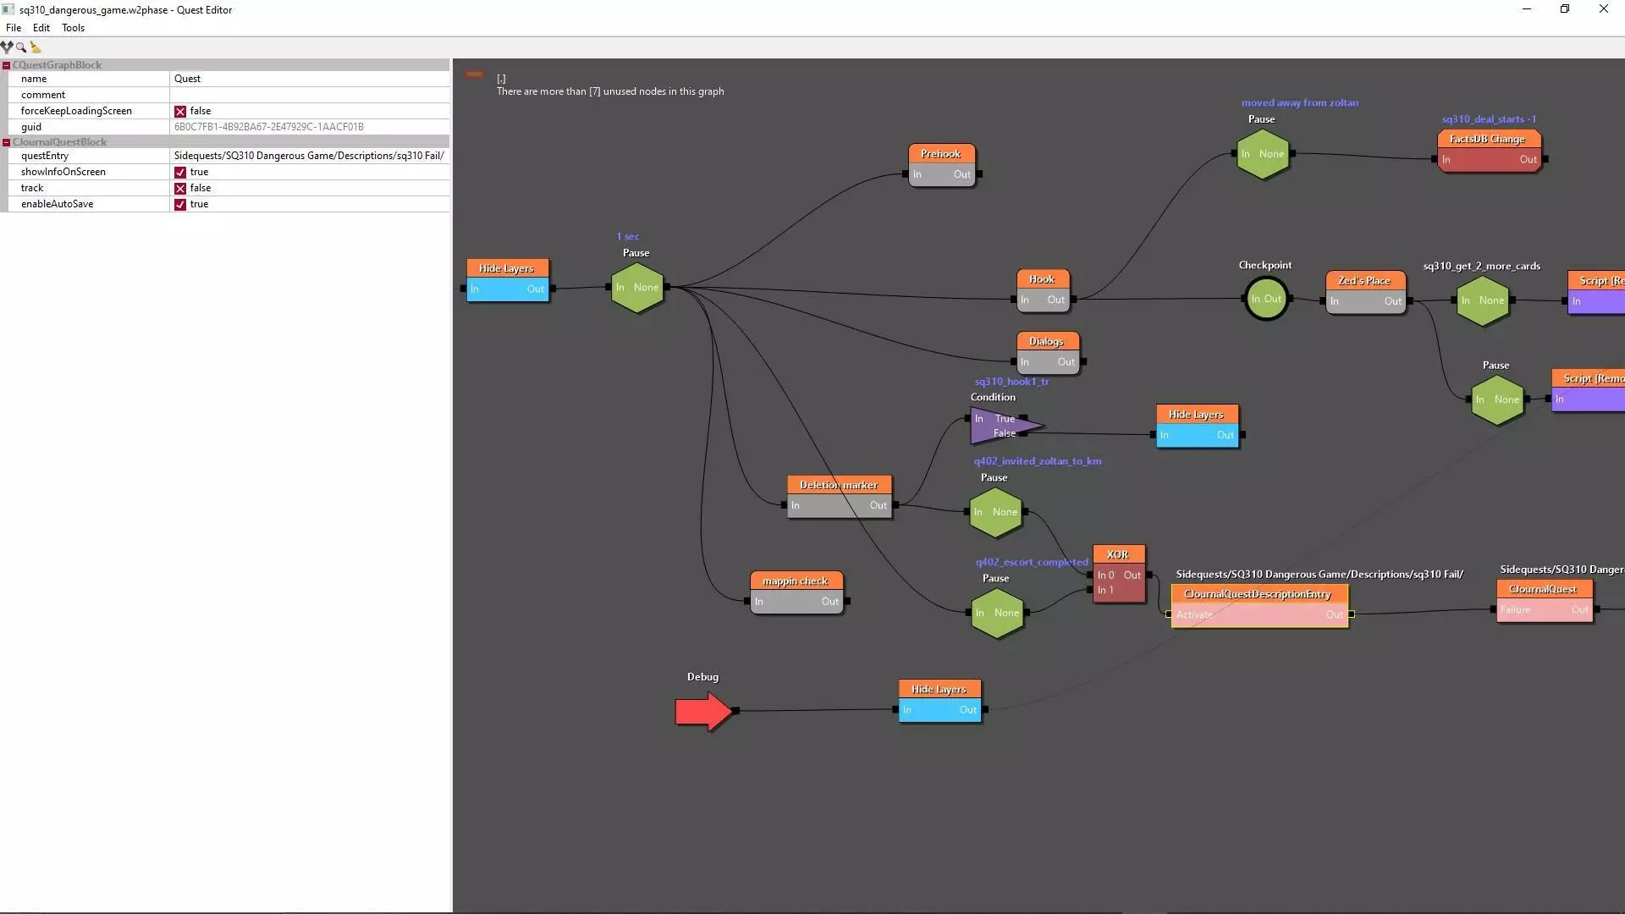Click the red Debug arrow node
(702, 711)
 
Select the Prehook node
(941, 165)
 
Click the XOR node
(1118, 573)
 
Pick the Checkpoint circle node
(1266, 299)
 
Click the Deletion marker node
(839, 496)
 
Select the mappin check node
(796, 592)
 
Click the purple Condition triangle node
(1000, 426)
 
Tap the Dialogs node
(1046, 352)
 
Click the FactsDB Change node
(1488, 150)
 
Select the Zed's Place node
(1364, 291)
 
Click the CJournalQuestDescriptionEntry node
(1259, 604)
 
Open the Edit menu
(41, 28)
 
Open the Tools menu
(73, 28)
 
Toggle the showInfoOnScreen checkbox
(180, 172)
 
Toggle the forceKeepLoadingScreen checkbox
(180, 111)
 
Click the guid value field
(308, 127)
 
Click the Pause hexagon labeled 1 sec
(637, 288)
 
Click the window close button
(1603, 9)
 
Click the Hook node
(1042, 289)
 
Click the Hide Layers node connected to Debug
(939, 700)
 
